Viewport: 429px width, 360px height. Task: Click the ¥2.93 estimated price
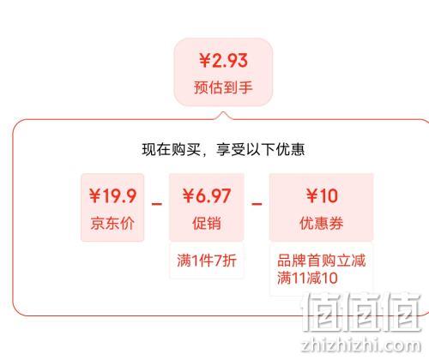click(223, 60)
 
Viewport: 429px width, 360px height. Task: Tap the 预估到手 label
click(223, 87)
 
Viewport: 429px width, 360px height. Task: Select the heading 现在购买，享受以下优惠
click(223, 149)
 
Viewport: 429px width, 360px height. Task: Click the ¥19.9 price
click(112, 196)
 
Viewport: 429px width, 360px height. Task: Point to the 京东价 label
click(112, 223)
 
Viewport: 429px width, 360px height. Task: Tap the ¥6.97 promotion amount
click(207, 196)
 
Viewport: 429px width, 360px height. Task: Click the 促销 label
click(207, 223)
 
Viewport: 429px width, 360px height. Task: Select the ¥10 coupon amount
click(322, 196)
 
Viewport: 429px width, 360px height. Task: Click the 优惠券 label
click(322, 223)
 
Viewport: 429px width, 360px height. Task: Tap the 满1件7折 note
click(207, 261)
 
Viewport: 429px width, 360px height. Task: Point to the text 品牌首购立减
click(322, 261)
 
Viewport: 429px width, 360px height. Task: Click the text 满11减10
click(307, 278)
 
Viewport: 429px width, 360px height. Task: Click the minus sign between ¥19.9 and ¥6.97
click(157, 204)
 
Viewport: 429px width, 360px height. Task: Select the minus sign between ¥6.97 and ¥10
click(257, 204)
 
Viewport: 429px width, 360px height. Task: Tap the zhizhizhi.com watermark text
click(361, 345)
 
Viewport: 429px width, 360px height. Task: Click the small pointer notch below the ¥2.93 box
click(223, 115)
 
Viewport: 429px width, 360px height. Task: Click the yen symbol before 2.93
click(205, 61)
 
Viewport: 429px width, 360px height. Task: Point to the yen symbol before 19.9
click(94, 196)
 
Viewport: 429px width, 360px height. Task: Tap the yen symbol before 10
click(311, 196)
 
